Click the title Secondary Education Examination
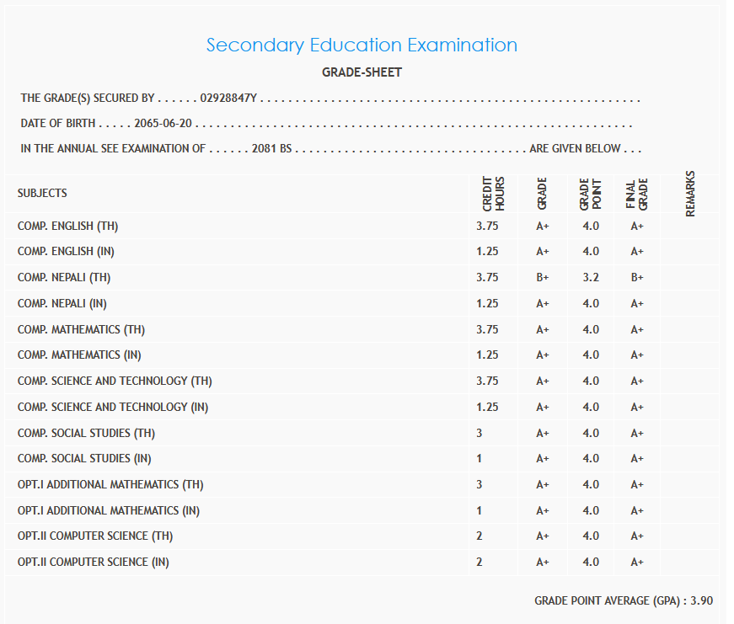pyautogui.click(x=362, y=45)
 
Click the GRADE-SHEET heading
pyautogui.click(x=362, y=72)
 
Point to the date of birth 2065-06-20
pyautogui.click(x=163, y=124)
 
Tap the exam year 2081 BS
pyautogui.click(x=271, y=148)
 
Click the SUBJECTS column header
pyautogui.click(x=42, y=193)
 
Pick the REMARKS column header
pyautogui.click(x=690, y=194)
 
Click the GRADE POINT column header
pyautogui.click(x=590, y=194)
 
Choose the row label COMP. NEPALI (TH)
pyautogui.click(x=64, y=277)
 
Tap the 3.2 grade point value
pyautogui.click(x=590, y=277)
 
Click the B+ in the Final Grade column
pyautogui.click(x=636, y=277)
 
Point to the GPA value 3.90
pyautogui.click(x=701, y=600)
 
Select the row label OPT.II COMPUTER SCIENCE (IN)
pyautogui.click(x=93, y=562)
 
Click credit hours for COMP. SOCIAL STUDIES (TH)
pyautogui.click(x=480, y=433)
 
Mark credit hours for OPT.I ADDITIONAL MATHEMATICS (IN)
pyautogui.click(x=480, y=510)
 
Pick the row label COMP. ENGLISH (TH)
pyautogui.click(x=67, y=226)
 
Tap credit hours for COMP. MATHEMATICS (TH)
pyautogui.click(x=487, y=329)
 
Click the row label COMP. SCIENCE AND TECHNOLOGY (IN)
pyautogui.click(x=113, y=407)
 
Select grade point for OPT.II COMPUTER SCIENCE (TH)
pyautogui.click(x=590, y=536)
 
